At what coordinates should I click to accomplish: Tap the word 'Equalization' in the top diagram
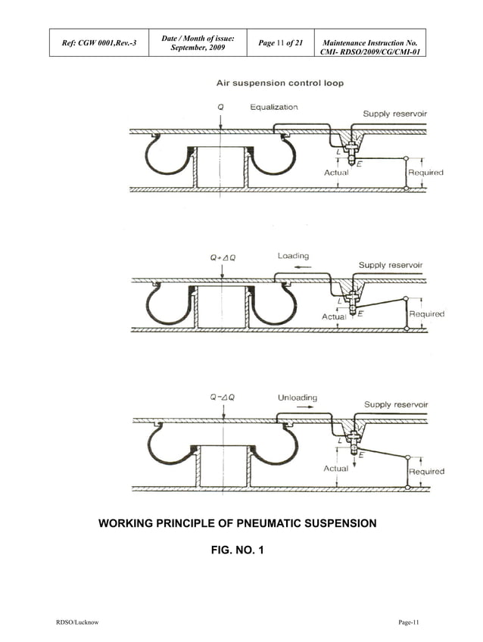tap(274, 108)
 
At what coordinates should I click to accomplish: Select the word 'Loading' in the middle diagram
tap(293, 256)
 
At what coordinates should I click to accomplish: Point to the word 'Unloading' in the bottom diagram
tap(298, 397)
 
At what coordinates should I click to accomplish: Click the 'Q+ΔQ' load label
tap(222, 257)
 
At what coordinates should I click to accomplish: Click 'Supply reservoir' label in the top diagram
tap(394, 114)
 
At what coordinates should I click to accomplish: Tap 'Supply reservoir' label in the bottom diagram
tap(396, 404)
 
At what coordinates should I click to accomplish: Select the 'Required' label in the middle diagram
tap(426, 313)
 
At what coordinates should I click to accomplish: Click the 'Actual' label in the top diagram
tap(336, 173)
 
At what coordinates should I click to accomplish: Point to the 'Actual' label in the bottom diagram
tap(336, 469)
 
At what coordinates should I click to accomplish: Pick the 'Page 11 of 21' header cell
tap(281, 43)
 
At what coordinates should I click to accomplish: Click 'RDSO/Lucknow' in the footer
tap(77, 622)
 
